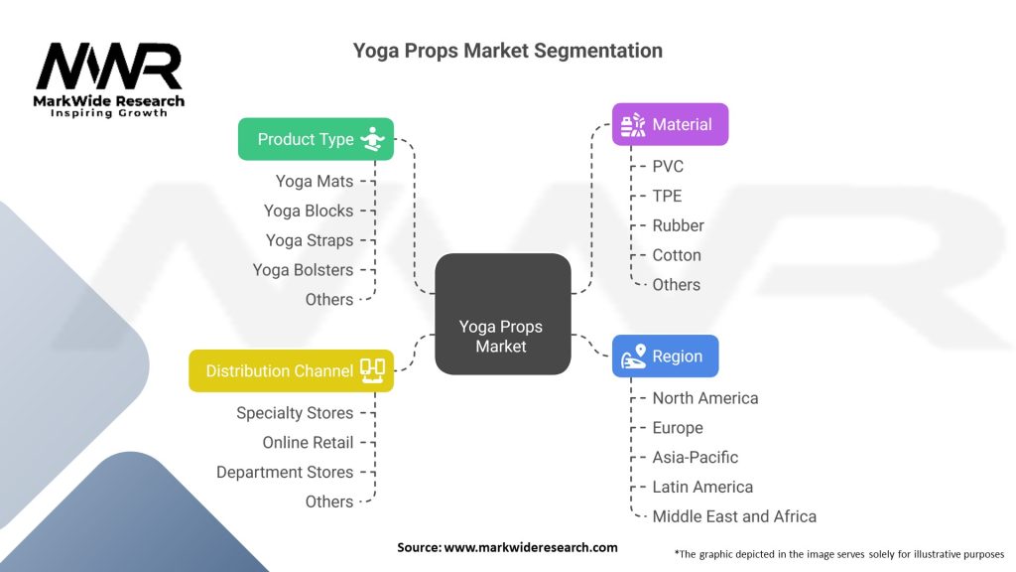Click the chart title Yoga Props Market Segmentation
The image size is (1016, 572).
pyautogui.click(x=507, y=51)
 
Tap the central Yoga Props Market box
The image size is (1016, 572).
pyautogui.click(x=503, y=314)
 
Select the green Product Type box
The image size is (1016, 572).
pyautogui.click(x=316, y=139)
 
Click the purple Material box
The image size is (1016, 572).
pyautogui.click(x=670, y=124)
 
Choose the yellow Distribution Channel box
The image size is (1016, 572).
pyautogui.click(x=291, y=370)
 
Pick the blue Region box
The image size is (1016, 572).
pyautogui.click(x=665, y=357)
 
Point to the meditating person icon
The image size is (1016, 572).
pyautogui.click(x=373, y=139)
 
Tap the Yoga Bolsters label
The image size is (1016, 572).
pyautogui.click(x=303, y=270)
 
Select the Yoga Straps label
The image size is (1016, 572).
pyautogui.click(x=310, y=240)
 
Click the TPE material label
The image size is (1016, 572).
pyautogui.click(x=667, y=196)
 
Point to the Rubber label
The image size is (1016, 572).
pyautogui.click(x=678, y=225)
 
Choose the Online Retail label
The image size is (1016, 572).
pyautogui.click(x=308, y=442)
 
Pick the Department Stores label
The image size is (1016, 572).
pyautogui.click(x=285, y=472)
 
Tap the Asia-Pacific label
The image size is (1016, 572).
pyautogui.click(x=696, y=457)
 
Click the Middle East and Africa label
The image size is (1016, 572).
pyautogui.click(x=734, y=516)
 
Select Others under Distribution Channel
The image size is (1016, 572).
pyautogui.click(x=329, y=501)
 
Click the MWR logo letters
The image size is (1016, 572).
pyautogui.click(x=109, y=67)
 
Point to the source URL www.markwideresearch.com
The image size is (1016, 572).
pyautogui.click(x=530, y=547)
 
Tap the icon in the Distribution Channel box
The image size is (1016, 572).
pyautogui.click(x=373, y=371)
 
